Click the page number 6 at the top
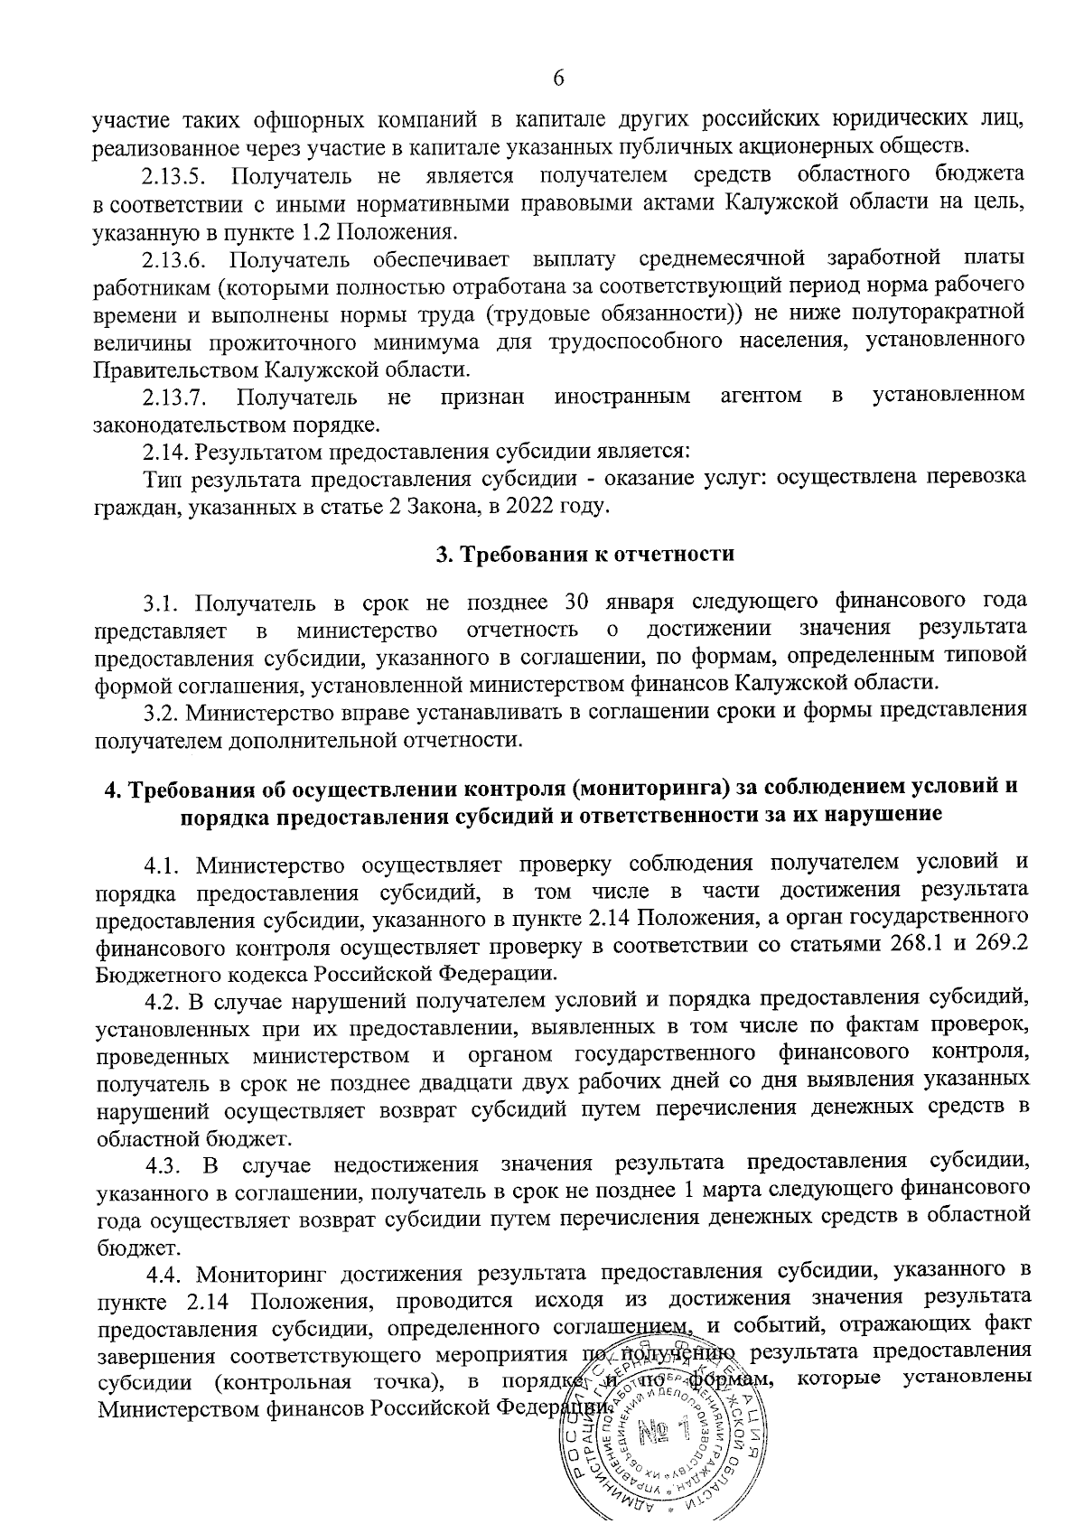click(x=558, y=79)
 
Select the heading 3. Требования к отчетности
click(x=585, y=555)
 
